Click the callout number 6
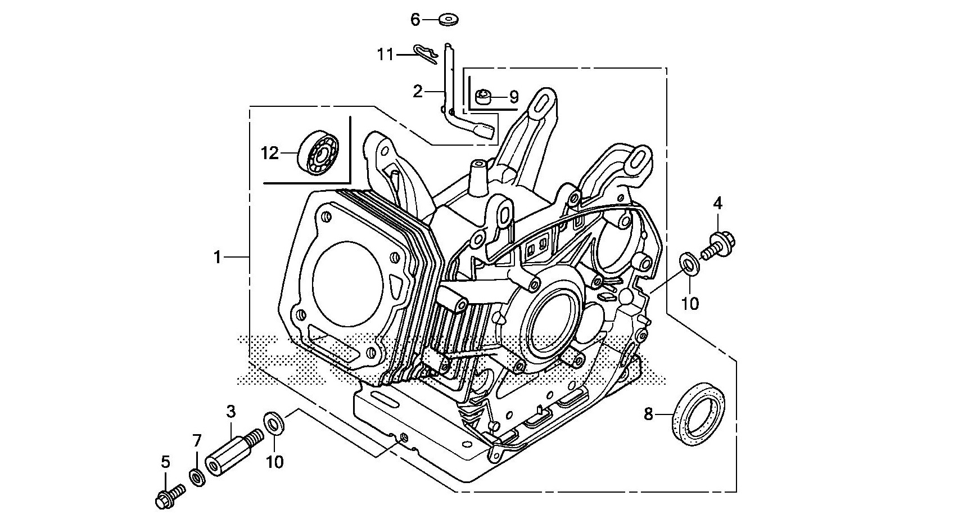(x=415, y=20)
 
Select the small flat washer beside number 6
(x=448, y=19)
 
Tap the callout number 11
(x=385, y=55)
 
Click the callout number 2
(x=418, y=91)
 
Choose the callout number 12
(x=270, y=153)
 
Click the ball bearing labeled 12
(x=318, y=152)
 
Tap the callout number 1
(x=217, y=258)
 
